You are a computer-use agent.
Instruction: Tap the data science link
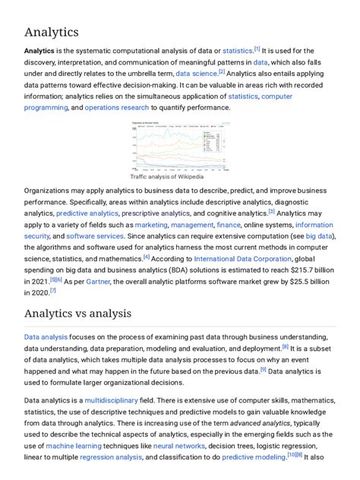[196, 74]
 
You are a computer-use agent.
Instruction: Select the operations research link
[115, 108]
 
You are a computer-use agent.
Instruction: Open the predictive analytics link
[82, 214]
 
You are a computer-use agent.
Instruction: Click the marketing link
[150, 226]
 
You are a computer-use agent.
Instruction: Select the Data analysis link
[46, 336]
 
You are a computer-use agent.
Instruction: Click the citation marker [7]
[53, 290]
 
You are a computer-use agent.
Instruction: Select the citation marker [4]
[147, 257]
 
